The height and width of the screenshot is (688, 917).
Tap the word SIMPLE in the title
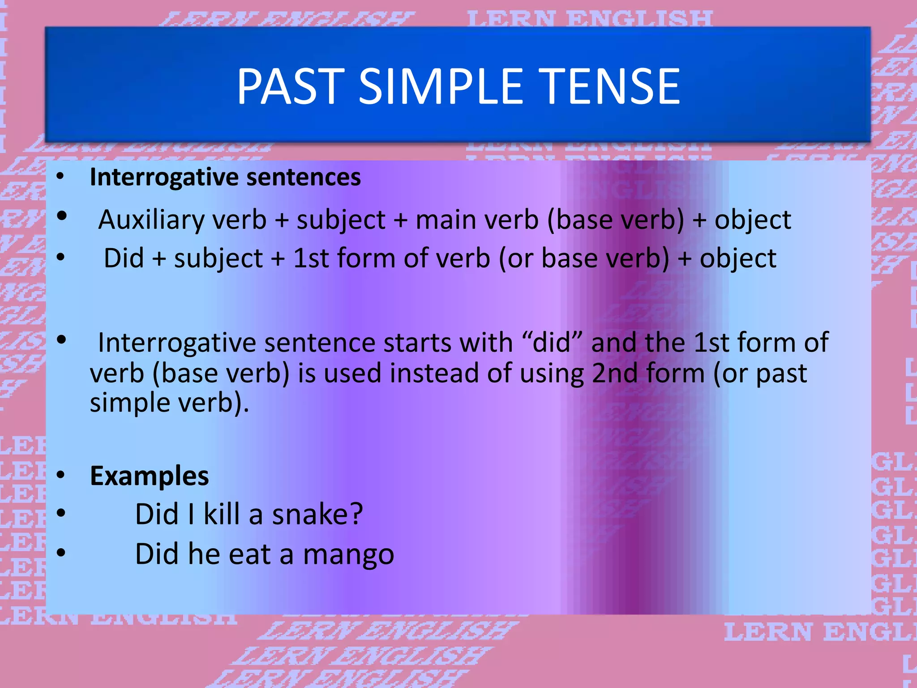click(441, 86)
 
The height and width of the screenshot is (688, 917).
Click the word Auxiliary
click(150, 220)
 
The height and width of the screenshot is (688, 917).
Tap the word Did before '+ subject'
click(124, 258)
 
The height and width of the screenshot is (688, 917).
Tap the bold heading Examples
click(149, 476)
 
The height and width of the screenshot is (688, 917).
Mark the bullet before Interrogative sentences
click(60, 176)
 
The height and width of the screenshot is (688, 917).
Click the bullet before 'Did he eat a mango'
click(61, 553)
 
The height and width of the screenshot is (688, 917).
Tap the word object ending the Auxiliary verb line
click(753, 220)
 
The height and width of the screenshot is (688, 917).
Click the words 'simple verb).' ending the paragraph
click(169, 403)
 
